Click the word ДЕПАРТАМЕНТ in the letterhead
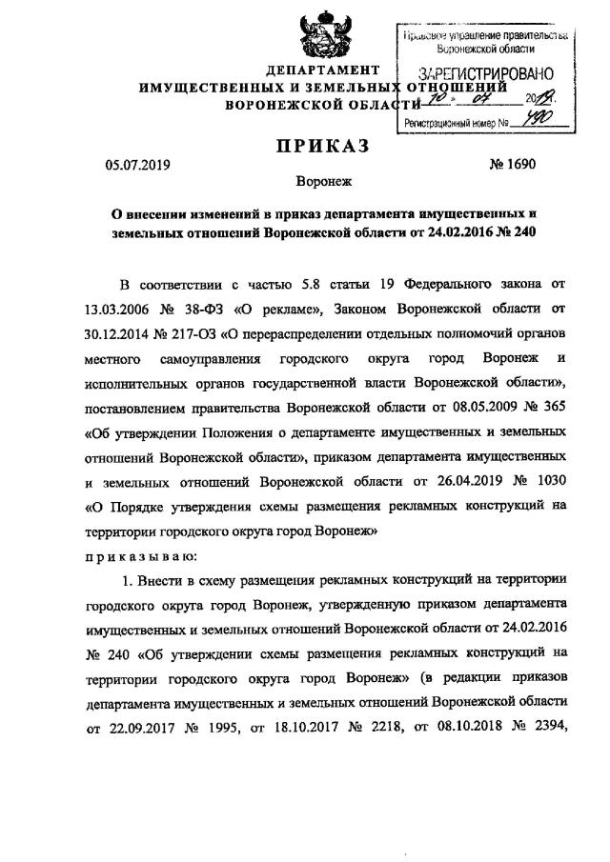tap(323, 71)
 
